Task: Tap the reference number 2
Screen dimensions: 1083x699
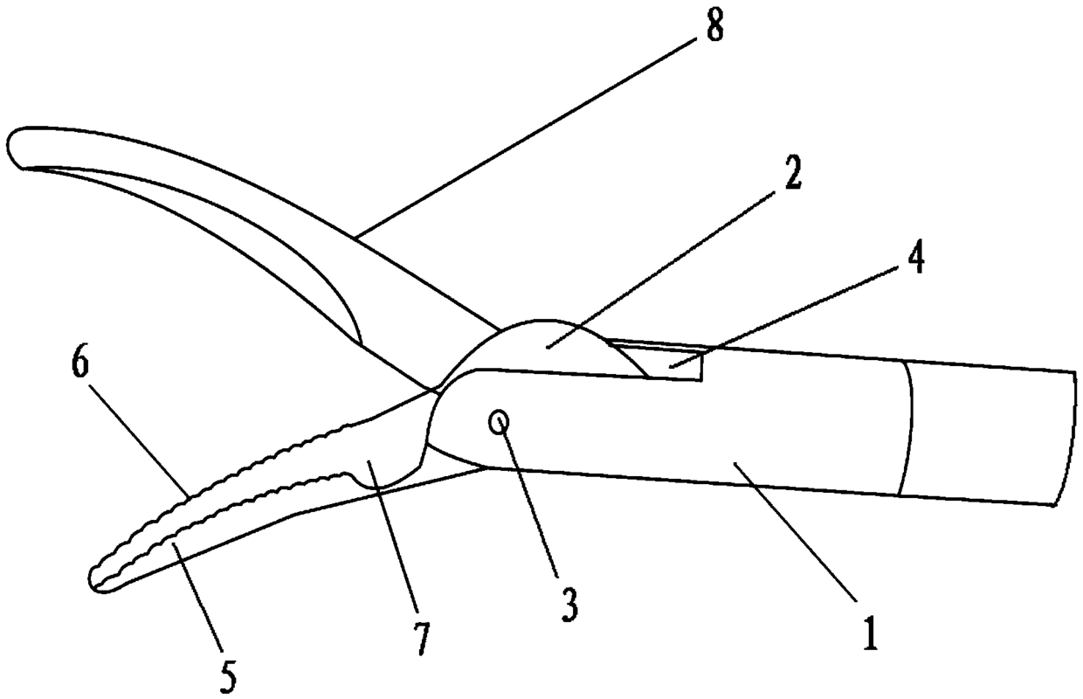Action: tap(793, 175)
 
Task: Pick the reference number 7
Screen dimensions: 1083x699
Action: tap(422, 639)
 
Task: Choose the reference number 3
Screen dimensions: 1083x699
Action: tap(569, 603)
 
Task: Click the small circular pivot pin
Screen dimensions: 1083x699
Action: tap(501, 423)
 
